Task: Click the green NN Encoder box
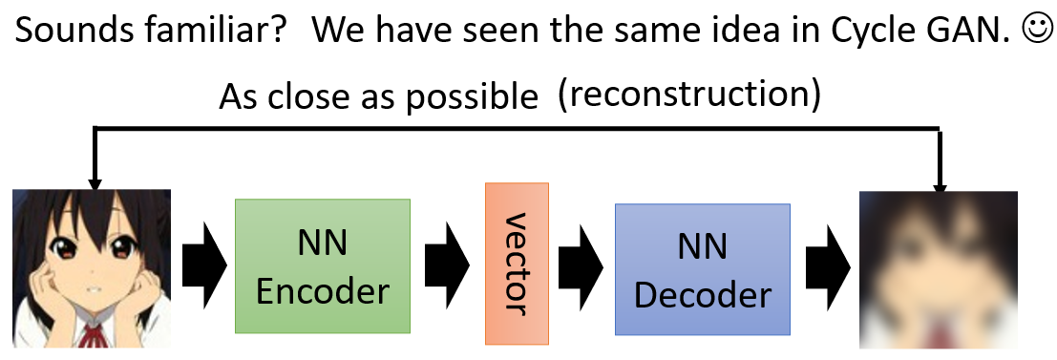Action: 322,265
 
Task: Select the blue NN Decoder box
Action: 703,268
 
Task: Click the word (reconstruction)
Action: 690,95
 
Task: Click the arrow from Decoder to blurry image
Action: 824,262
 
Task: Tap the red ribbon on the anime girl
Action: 94,337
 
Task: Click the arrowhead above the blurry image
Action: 941,181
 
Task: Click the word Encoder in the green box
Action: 322,287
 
